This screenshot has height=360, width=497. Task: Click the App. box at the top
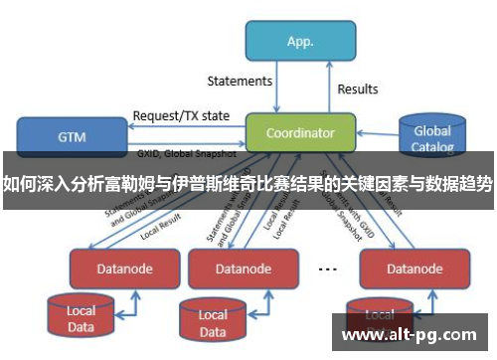click(300, 42)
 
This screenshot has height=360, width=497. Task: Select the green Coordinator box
click(300, 132)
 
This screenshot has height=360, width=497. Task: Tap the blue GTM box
click(72, 136)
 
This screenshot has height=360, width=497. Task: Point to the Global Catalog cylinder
click(431, 137)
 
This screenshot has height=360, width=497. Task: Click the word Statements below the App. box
click(240, 81)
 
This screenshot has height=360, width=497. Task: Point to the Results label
click(358, 90)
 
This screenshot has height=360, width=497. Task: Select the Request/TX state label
click(181, 115)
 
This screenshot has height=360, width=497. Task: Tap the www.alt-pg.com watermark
click(409, 335)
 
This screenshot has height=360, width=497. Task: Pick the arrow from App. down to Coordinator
click(279, 90)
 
